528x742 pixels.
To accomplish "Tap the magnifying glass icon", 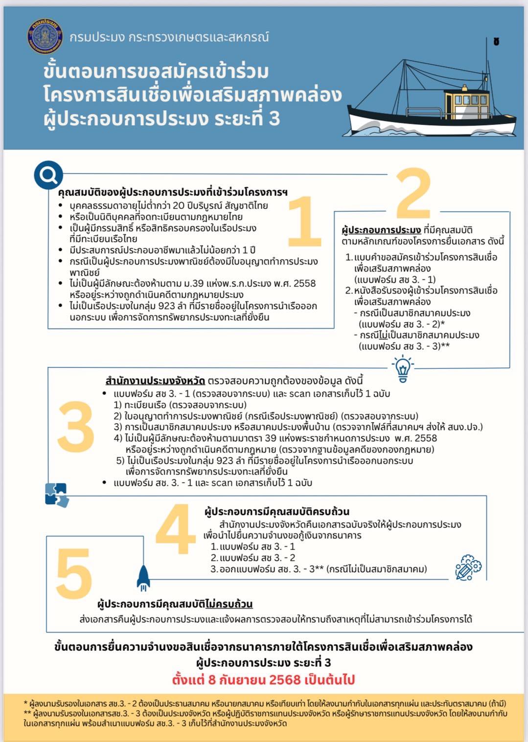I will (48, 175).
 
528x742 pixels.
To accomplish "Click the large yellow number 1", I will (304, 221).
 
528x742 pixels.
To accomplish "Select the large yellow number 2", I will (414, 194).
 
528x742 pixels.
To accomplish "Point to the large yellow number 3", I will (76, 427).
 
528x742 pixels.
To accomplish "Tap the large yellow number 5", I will (74, 574).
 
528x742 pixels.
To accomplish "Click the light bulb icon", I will (402, 369).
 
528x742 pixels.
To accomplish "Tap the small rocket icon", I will (143, 577).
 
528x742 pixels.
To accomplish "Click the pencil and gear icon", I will (468, 568).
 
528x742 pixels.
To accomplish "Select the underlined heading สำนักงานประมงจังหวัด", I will (155, 381).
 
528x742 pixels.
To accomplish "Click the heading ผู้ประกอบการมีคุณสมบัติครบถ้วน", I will (277, 512).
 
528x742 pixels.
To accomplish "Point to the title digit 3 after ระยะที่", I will (274, 119).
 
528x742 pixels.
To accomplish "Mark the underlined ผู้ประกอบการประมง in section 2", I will (381, 230).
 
